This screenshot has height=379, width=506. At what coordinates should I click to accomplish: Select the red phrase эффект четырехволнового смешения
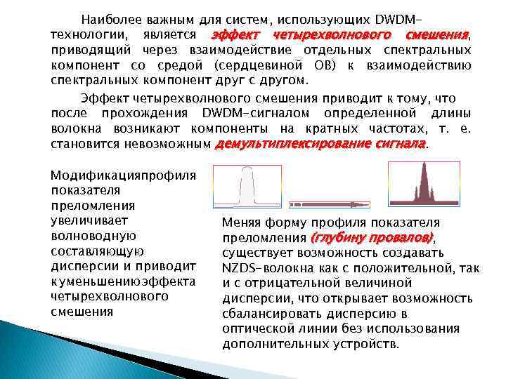point(339,34)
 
